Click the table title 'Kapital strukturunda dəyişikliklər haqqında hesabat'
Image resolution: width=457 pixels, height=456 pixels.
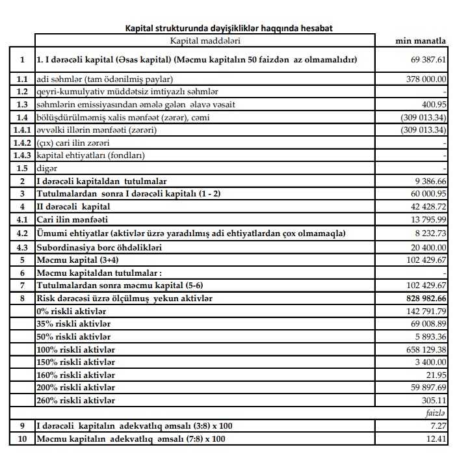click(x=228, y=28)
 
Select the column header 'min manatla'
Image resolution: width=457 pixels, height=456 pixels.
click(x=421, y=41)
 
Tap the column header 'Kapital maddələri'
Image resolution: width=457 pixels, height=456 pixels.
click(x=205, y=41)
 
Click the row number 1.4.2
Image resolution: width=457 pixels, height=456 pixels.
click(x=22, y=142)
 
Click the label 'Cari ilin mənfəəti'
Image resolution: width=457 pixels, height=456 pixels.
click(x=72, y=219)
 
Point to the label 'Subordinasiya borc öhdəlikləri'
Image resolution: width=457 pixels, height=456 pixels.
click(x=99, y=247)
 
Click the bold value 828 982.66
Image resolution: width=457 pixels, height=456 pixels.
click(x=423, y=298)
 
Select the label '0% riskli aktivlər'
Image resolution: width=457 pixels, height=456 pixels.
click(x=72, y=311)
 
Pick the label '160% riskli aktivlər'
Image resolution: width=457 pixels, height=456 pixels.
click(x=76, y=375)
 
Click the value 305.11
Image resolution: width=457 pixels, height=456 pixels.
click(x=433, y=400)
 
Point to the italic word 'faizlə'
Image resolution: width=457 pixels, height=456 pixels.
click(x=434, y=413)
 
